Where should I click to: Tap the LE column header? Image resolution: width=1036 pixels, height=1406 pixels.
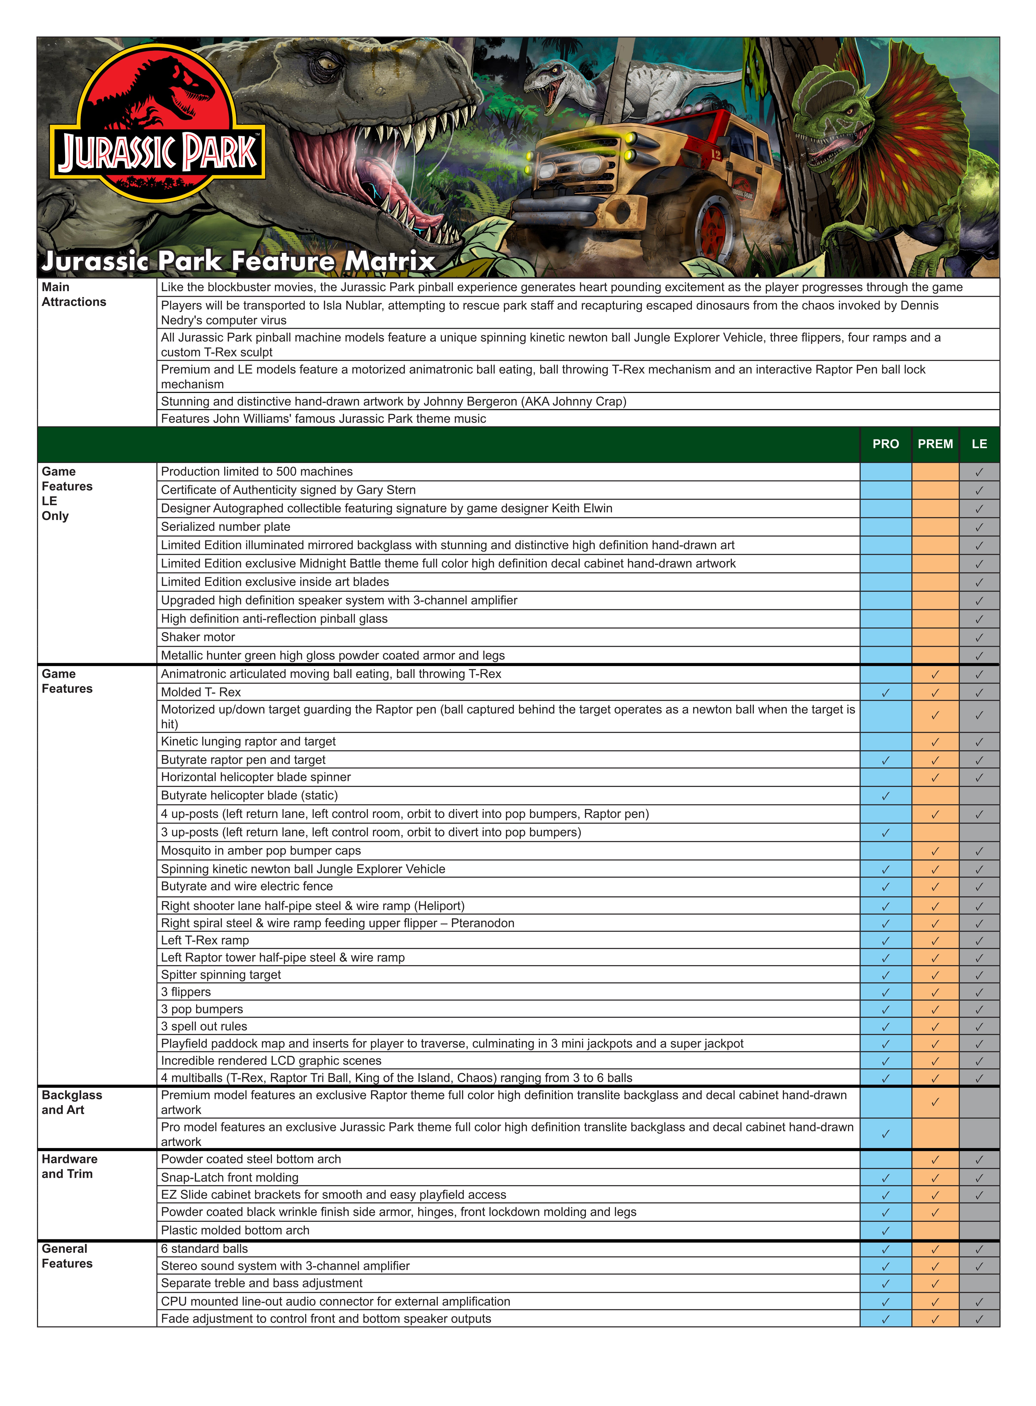click(x=979, y=444)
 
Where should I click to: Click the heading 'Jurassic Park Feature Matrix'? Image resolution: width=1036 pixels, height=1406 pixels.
click(x=238, y=261)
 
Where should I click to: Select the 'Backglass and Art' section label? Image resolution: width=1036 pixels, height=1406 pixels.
click(x=72, y=1102)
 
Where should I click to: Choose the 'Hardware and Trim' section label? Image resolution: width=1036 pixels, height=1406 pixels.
click(x=69, y=1166)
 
